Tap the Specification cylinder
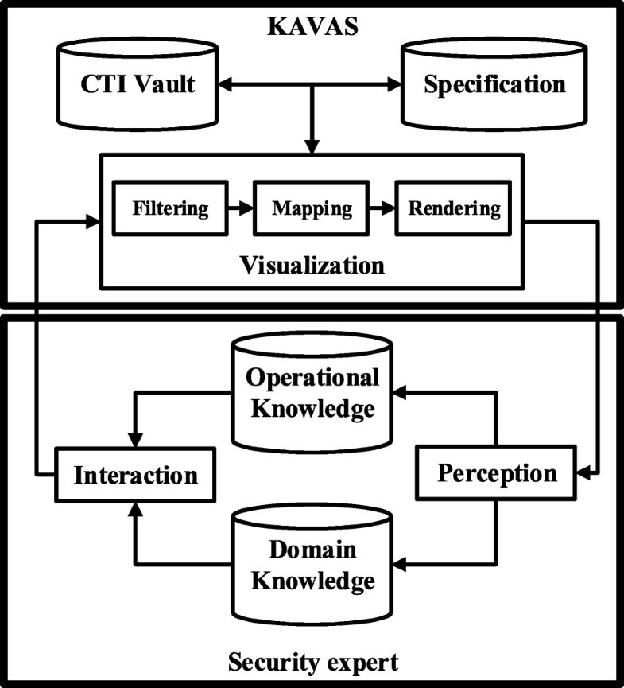point(494,84)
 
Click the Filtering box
point(170,209)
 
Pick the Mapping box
point(312,209)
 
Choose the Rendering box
point(454,209)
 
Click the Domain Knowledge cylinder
point(312,565)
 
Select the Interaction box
point(135,476)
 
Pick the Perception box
point(498,474)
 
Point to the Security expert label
point(312,661)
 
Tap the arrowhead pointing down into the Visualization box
point(312,146)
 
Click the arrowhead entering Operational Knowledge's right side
point(401,391)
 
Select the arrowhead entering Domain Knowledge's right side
point(401,565)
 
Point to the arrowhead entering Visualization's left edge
point(91,222)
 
